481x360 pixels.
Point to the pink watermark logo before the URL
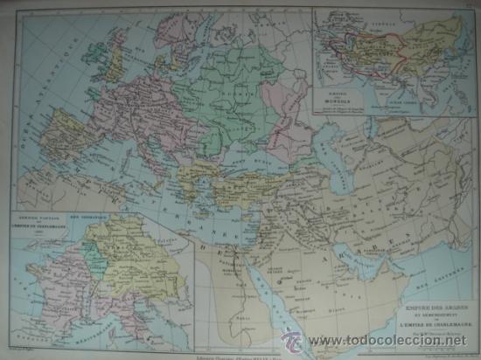(292, 341)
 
